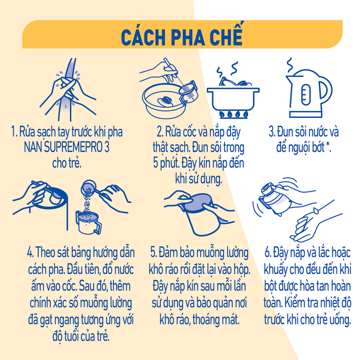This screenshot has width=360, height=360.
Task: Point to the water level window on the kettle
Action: pos(306,94)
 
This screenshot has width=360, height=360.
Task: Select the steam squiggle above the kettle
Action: pos(290,65)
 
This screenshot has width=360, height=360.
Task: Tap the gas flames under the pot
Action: pos(233,114)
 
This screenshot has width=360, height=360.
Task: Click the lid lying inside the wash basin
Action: pos(166,101)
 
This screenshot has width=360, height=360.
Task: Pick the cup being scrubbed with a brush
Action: pos(188,93)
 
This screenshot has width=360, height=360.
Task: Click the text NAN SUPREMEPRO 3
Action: pos(67,147)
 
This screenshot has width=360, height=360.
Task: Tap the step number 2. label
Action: pos(160,132)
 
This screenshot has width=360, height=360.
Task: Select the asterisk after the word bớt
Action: pos(328,145)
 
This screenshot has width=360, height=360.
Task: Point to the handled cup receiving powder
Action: pos(89,223)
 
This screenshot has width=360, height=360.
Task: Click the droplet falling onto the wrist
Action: pos(316,210)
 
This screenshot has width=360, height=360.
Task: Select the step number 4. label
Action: pos(30,253)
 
